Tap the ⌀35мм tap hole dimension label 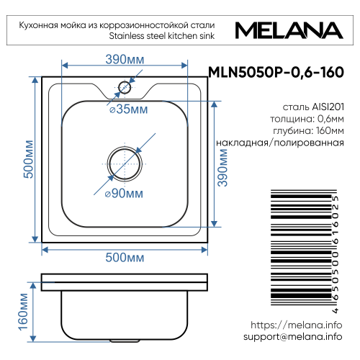129,109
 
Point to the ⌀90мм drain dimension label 124,194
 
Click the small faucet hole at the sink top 125,88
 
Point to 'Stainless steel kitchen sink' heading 161,35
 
